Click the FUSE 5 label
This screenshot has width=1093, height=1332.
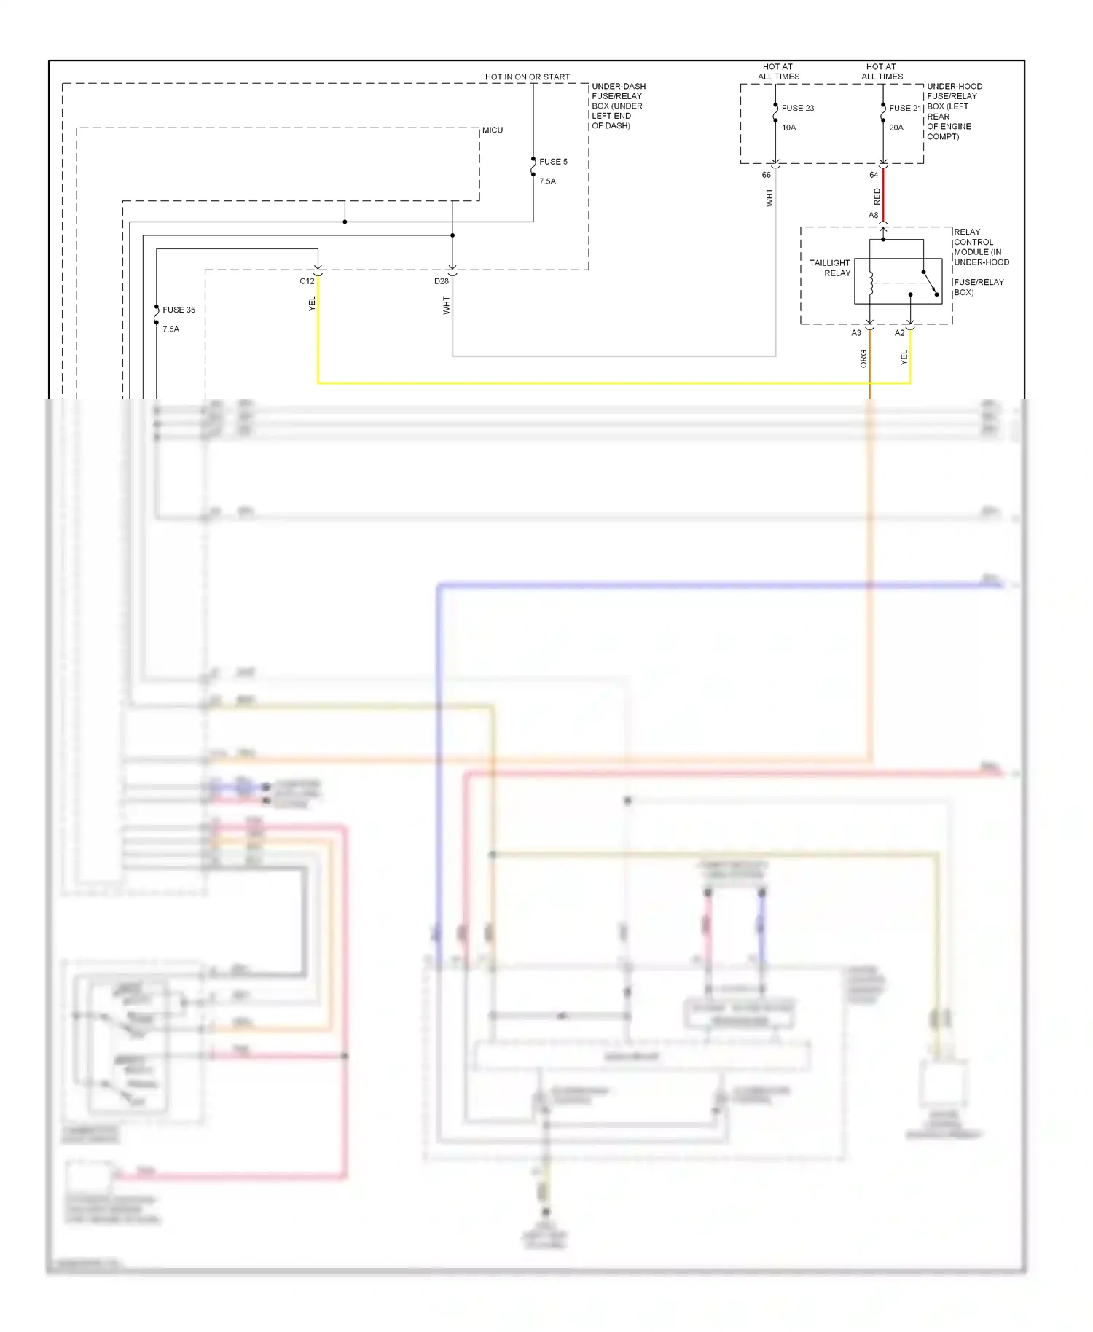click(x=553, y=162)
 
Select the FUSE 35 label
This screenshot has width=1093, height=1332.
click(x=179, y=310)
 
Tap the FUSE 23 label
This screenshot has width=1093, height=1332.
click(x=798, y=109)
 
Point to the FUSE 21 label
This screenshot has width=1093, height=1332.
click(x=905, y=109)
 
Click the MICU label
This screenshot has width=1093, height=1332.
click(x=493, y=130)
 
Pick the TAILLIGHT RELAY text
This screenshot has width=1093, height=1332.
click(x=830, y=268)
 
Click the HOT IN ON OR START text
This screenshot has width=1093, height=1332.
click(x=528, y=77)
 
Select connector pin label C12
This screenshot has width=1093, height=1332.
click(x=307, y=281)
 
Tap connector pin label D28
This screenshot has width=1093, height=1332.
click(x=442, y=281)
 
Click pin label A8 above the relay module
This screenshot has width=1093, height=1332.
click(x=873, y=216)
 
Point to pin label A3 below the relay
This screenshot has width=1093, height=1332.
click(x=856, y=333)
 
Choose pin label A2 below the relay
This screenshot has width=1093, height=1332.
click(x=899, y=333)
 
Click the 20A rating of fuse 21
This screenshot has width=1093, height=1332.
click(x=896, y=128)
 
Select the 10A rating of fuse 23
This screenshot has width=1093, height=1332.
click(x=789, y=128)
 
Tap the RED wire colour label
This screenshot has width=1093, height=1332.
click(x=877, y=196)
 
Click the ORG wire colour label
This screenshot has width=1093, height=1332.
click(x=863, y=359)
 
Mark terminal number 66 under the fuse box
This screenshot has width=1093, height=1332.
click(x=766, y=175)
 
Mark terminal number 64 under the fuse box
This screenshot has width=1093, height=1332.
click(x=874, y=175)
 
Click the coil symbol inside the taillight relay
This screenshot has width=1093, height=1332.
click(x=871, y=283)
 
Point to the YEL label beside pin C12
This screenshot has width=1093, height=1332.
click(x=312, y=304)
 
